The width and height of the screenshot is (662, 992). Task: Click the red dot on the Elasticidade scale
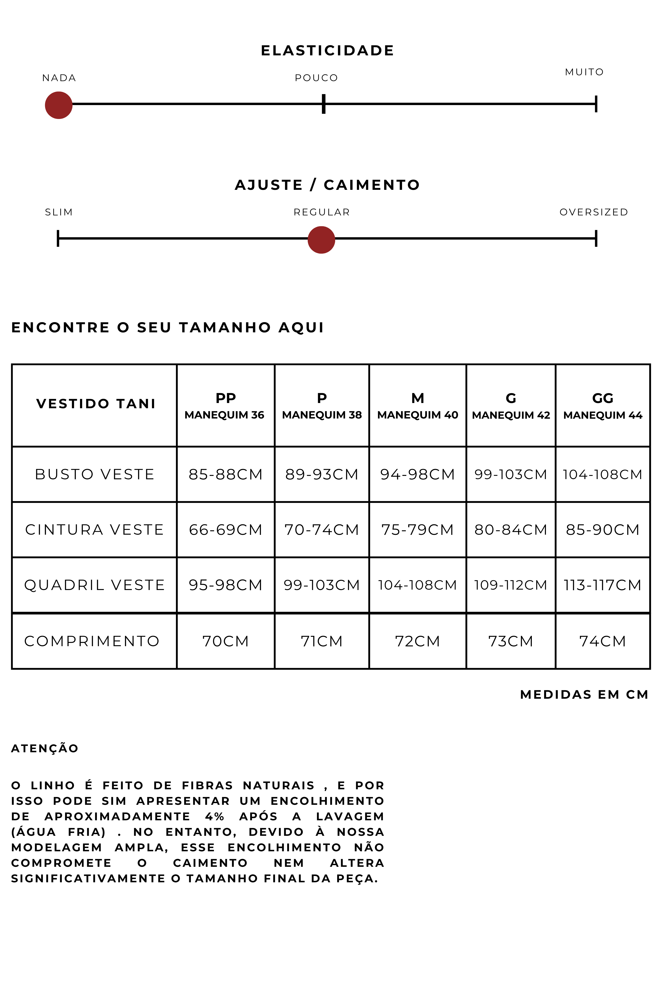tap(59, 105)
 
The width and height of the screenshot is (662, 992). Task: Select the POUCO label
tap(316, 78)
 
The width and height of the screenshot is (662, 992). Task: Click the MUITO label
tap(584, 72)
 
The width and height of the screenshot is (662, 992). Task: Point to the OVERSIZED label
tap(594, 212)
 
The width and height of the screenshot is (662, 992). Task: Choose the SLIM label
tap(59, 212)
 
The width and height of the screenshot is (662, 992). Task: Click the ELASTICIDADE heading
tap(327, 51)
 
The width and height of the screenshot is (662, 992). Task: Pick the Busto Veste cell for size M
tap(417, 474)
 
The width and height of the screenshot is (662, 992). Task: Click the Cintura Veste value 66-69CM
tap(226, 530)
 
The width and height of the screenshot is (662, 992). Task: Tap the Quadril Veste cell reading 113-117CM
tap(603, 585)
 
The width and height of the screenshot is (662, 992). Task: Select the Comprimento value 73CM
tap(510, 641)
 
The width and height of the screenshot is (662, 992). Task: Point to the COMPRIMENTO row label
tap(92, 641)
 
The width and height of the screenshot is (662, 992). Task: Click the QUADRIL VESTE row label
tap(95, 585)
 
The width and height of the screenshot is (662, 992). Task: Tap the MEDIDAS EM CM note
tap(584, 695)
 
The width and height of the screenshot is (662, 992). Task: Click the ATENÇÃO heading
tap(45, 749)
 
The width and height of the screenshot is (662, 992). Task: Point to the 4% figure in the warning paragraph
tap(214, 816)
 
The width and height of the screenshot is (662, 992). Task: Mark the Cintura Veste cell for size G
tap(510, 530)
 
